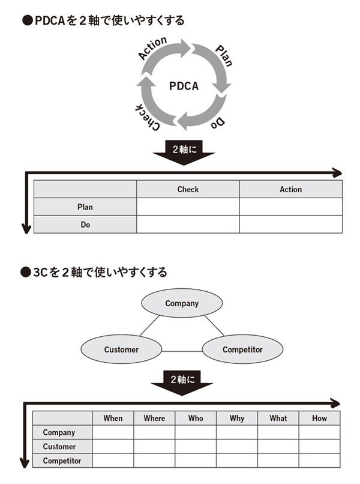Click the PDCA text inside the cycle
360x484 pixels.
pyautogui.click(x=184, y=86)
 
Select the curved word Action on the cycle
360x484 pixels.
pyautogui.click(x=152, y=49)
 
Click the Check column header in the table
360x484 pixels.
pyautogui.click(x=188, y=189)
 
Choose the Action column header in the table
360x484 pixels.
pyautogui.click(x=291, y=189)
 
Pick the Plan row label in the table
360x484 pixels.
pyautogui.click(x=85, y=207)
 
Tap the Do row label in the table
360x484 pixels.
pyautogui.click(x=85, y=224)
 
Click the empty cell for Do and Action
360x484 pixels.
pyautogui.click(x=291, y=224)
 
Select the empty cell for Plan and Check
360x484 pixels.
pyautogui.click(x=188, y=207)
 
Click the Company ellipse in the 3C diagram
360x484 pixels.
pyautogui.click(x=182, y=303)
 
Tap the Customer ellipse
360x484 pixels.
pyautogui.click(x=121, y=349)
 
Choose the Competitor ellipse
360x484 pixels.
pyautogui.click(x=242, y=349)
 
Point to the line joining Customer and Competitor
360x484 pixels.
pyautogui.click(x=182, y=351)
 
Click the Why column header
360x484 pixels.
pyautogui.click(x=237, y=418)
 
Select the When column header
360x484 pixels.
pyautogui.click(x=113, y=418)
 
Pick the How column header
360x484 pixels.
pyautogui.click(x=319, y=418)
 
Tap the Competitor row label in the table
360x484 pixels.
pyautogui.click(x=62, y=461)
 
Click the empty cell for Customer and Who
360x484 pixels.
pyautogui.click(x=196, y=447)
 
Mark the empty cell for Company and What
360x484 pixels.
pyautogui.click(x=278, y=432)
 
